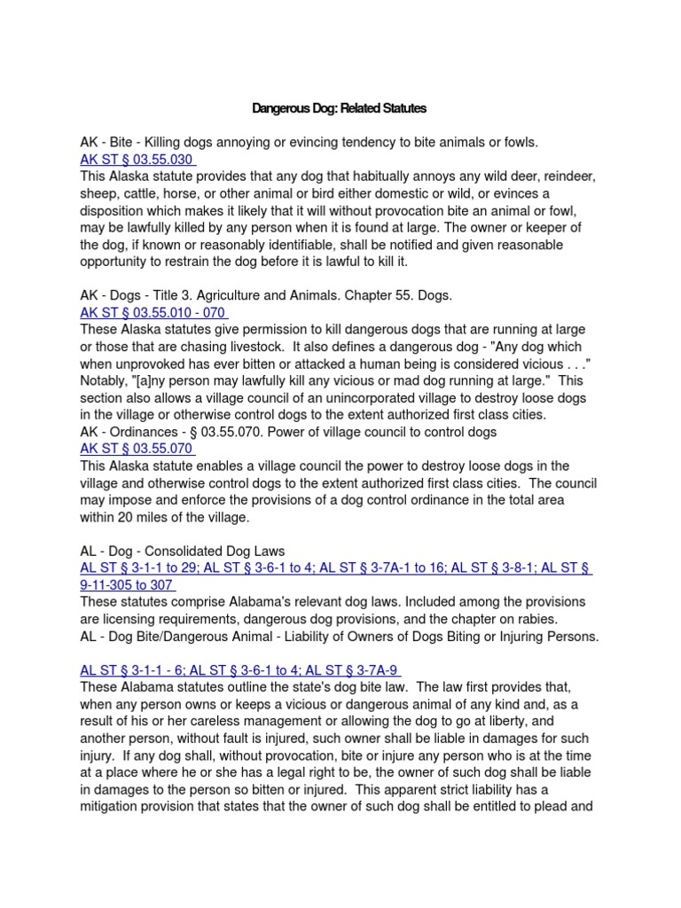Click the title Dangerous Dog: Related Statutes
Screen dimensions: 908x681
click(x=340, y=108)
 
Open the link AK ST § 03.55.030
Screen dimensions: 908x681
click(x=137, y=160)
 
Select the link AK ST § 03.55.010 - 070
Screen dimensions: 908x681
click(x=153, y=312)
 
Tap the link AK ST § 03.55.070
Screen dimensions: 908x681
click(x=137, y=449)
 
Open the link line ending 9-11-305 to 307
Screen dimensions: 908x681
click(x=128, y=585)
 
